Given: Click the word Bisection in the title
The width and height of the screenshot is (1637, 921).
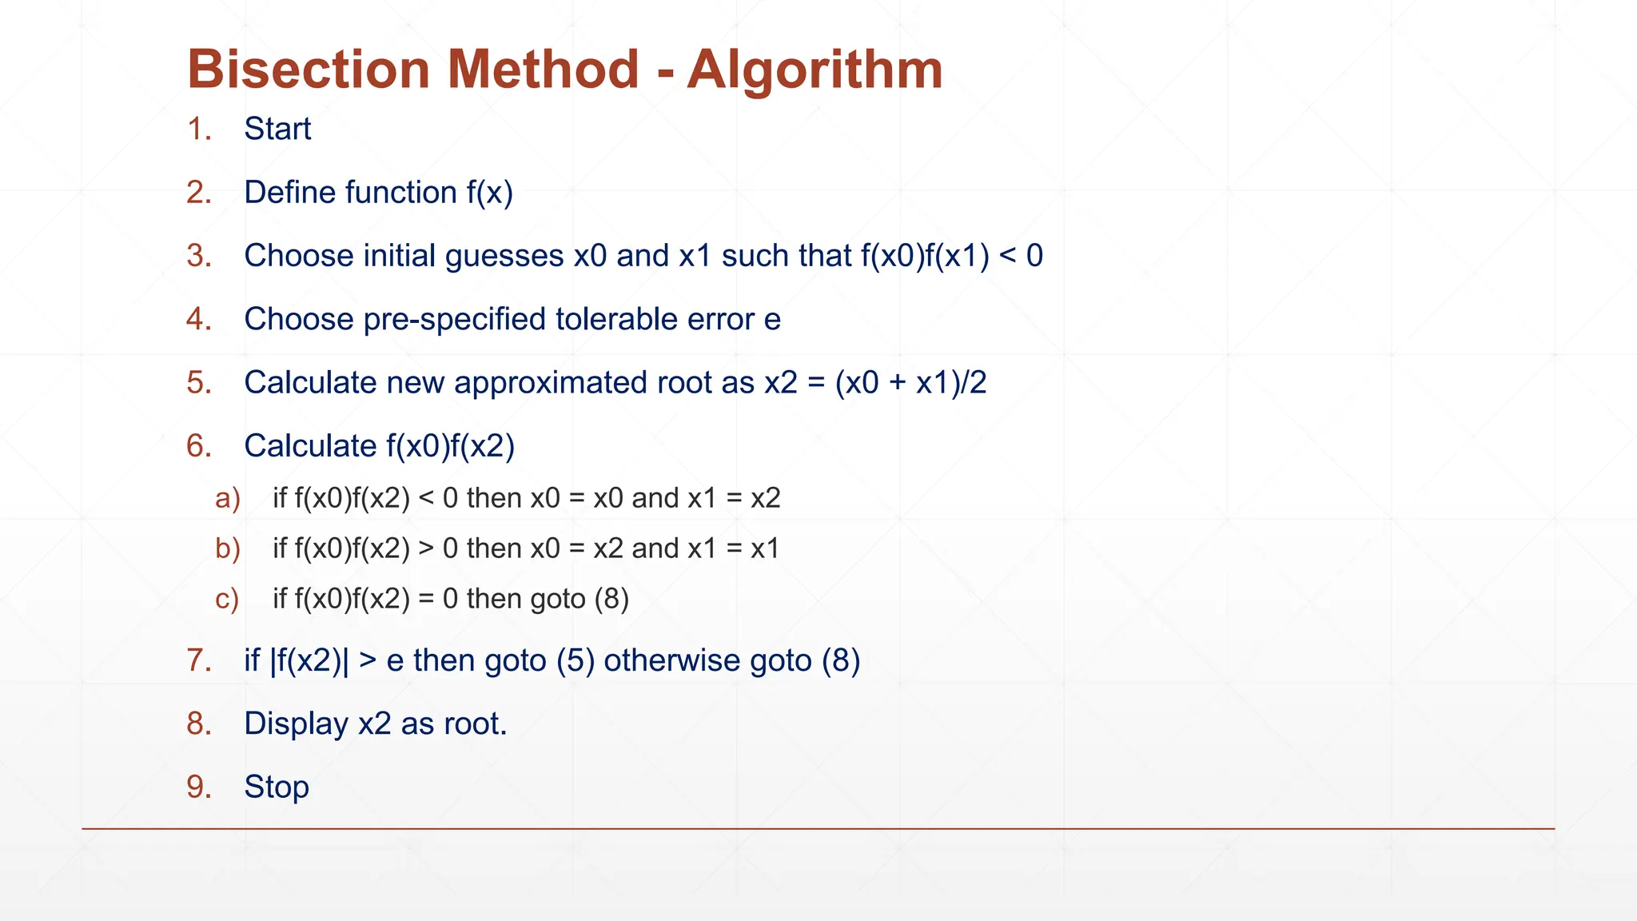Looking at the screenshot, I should (308, 70).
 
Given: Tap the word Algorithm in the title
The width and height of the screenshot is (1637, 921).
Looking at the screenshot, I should (815, 70).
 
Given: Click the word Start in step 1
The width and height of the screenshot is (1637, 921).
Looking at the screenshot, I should (277, 129).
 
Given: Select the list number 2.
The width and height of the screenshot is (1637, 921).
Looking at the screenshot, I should (199, 193).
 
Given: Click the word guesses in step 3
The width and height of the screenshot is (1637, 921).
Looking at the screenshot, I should (504, 256).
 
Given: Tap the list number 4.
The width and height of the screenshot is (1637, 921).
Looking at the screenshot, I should (199, 319).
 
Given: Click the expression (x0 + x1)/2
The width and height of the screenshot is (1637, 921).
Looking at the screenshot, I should (910, 382).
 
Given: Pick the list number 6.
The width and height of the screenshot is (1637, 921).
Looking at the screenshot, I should (199, 446).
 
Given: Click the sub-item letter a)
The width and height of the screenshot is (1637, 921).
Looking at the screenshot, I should (228, 498).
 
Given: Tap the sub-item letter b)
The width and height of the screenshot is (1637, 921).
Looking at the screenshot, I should (228, 548).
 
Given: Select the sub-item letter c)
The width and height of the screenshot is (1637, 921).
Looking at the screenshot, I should (228, 599).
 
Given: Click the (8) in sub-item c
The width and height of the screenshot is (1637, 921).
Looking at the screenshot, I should (611, 599).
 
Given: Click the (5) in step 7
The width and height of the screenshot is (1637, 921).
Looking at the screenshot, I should (576, 660).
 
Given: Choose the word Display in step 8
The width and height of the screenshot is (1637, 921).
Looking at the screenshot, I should (296, 724).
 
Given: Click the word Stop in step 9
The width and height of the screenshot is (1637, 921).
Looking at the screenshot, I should (277, 787).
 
